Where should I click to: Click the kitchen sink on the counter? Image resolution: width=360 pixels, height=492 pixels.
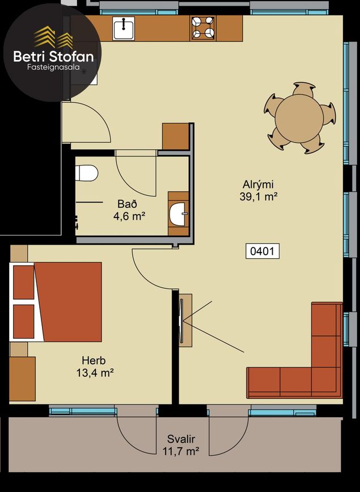(x=124, y=28)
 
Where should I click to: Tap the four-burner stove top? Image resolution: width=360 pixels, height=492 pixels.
(x=203, y=28)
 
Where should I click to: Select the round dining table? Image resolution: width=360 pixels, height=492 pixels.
(x=299, y=118)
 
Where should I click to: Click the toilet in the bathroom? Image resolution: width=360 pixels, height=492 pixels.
(x=87, y=173)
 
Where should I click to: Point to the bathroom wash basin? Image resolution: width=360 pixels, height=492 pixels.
(x=178, y=214)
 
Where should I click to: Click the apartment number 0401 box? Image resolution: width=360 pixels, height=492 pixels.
(x=262, y=251)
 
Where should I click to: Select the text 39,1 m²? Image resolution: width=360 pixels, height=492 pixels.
(x=259, y=197)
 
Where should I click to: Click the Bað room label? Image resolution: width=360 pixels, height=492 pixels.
(x=128, y=204)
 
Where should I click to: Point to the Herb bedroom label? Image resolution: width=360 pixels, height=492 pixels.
(x=94, y=360)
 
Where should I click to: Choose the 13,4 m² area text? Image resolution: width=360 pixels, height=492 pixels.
(x=95, y=373)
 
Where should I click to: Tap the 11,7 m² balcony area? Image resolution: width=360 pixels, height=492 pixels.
(x=181, y=452)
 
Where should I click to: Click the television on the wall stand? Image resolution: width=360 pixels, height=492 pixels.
(x=181, y=321)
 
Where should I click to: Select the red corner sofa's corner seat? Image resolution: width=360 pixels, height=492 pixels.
(x=326, y=381)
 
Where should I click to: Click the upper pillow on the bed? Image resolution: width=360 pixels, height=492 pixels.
(x=23, y=283)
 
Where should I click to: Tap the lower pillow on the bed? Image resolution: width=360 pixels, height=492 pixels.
(x=23, y=322)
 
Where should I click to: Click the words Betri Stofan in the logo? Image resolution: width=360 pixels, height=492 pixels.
(x=53, y=57)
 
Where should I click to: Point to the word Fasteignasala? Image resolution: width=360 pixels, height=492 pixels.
(x=53, y=67)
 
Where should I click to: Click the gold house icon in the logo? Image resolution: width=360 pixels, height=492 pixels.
(x=53, y=37)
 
